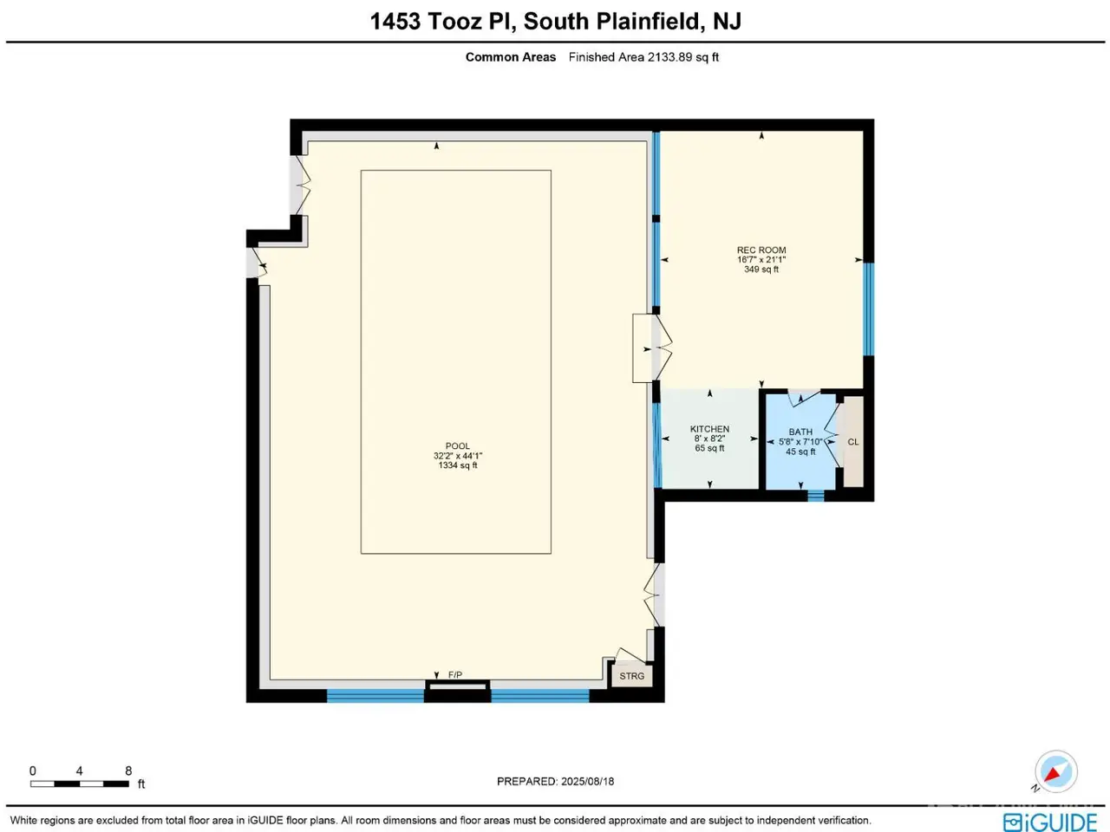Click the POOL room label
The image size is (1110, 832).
click(457, 446)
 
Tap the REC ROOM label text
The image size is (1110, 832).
click(761, 250)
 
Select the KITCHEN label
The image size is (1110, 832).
click(709, 429)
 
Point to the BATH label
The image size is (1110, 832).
click(800, 432)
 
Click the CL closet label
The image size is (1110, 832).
click(853, 442)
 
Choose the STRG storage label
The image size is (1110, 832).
click(631, 676)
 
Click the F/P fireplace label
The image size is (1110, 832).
click(455, 675)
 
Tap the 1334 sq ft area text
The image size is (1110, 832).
click(458, 465)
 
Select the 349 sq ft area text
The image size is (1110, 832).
click(761, 270)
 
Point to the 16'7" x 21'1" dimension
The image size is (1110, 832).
click(761, 260)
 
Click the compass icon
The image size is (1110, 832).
click(1056, 772)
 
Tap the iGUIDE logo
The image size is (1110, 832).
click(1050, 822)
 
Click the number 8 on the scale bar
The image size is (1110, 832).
click(128, 770)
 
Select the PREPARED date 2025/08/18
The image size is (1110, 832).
click(587, 782)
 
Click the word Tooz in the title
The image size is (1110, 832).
click(454, 21)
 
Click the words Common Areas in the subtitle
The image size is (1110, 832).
click(510, 57)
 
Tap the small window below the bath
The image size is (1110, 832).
click(816, 496)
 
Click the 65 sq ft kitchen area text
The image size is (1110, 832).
click(709, 448)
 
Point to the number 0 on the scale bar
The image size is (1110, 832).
click(33, 770)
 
